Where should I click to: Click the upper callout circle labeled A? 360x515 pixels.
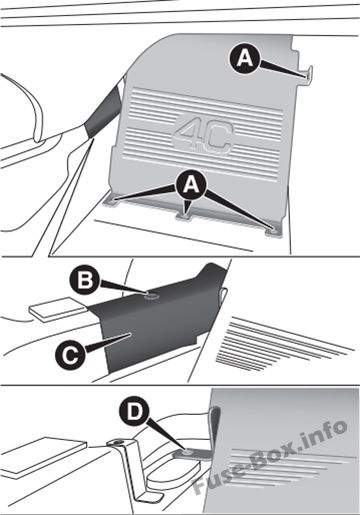[245, 60]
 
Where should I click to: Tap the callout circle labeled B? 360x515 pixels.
[86, 280]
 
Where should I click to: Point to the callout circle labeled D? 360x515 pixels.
[135, 413]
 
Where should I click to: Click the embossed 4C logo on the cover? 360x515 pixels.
[203, 136]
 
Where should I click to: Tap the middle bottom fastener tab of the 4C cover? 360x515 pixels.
[183, 216]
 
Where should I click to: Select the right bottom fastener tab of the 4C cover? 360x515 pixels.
[273, 231]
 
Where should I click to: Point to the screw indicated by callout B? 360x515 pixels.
[151, 294]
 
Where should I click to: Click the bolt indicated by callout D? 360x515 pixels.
[187, 451]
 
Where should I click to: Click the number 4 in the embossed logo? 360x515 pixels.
[187, 134]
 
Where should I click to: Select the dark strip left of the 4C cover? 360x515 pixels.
[104, 111]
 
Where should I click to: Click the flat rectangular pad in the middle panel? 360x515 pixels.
[58, 309]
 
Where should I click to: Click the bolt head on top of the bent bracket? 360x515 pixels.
[117, 443]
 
